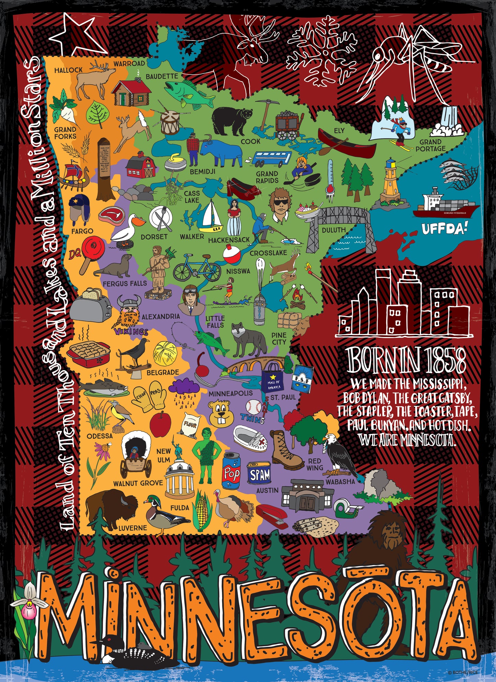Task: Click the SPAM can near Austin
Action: point(259,475)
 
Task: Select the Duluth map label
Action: point(334,230)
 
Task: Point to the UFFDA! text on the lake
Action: point(445,228)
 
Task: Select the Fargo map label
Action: point(82,231)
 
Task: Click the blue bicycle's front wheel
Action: point(210,272)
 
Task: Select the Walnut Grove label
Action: point(138,483)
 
